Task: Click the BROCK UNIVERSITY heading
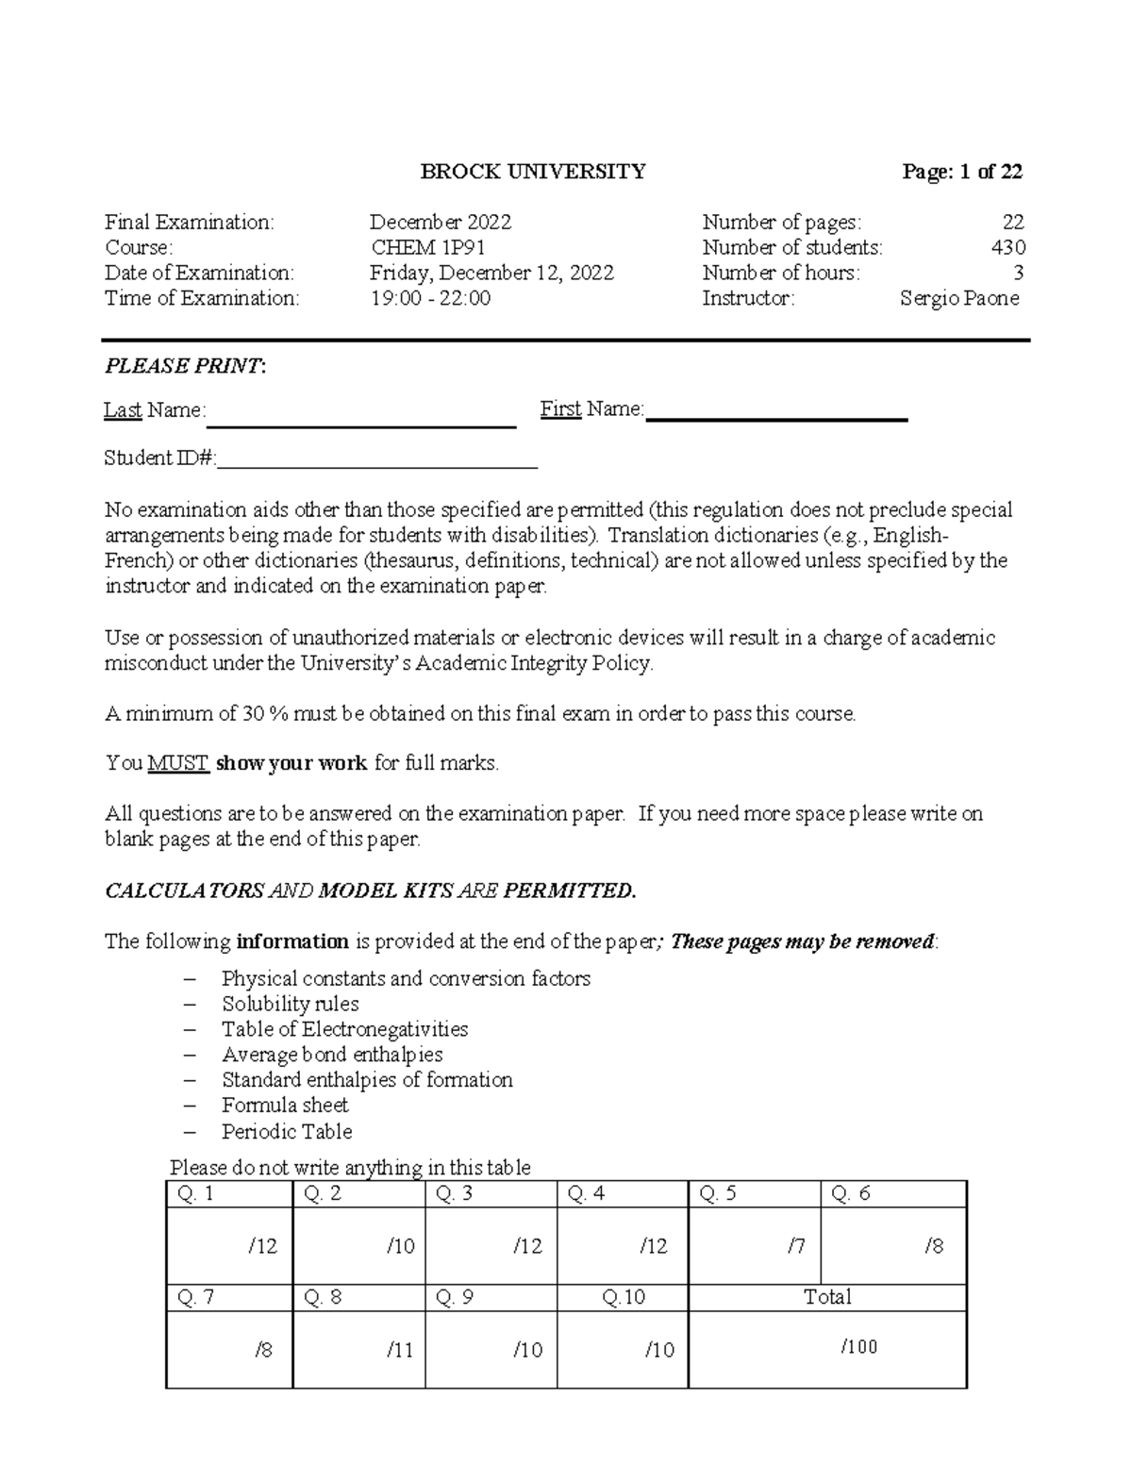click(533, 172)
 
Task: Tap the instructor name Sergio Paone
click(958, 299)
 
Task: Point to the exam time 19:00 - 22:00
click(430, 299)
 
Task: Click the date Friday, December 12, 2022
click(491, 274)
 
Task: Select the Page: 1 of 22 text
click(962, 172)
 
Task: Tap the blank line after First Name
click(776, 411)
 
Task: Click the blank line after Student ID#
click(377, 459)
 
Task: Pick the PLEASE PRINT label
click(185, 367)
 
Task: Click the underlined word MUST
click(178, 763)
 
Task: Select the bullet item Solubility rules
click(291, 1004)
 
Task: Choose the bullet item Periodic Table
click(287, 1131)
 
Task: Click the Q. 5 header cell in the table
click(755, 1194)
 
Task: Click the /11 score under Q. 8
click(400, 1350)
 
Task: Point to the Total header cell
click(827, 1297)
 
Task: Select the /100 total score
click(858, 1347)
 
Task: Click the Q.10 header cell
click(623, 1297)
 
